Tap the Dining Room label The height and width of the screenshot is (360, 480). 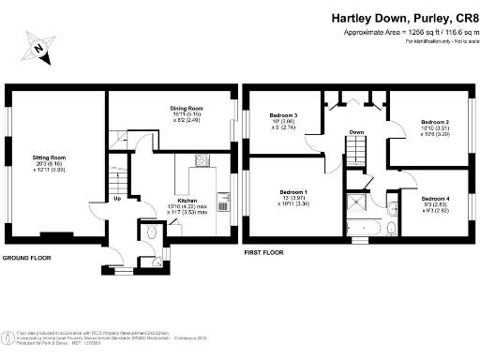click(x=186, y=110)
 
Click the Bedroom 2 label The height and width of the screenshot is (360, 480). click(x=434, y=123)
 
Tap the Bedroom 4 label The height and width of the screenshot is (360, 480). click(x=434, y=199)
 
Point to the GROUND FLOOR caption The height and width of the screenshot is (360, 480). click(x=25, y=257)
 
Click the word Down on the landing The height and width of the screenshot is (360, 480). click(x=356, y=132)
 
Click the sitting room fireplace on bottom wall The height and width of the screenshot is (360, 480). click(x=57, y=232)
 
